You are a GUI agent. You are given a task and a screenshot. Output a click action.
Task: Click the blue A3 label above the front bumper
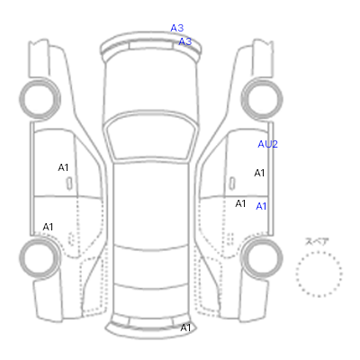(177, 28)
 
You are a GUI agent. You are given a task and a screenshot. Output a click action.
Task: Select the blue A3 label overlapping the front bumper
(185, 41)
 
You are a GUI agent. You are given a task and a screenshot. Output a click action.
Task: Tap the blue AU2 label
(267, 144)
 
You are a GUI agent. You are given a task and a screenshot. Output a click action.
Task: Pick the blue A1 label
(261, 206)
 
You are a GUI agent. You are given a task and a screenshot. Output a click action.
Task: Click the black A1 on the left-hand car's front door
(63, 167)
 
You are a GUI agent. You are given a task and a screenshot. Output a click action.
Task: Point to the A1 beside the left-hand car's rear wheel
(48, 227)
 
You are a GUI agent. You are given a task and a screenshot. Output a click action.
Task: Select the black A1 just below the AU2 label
(259, 173)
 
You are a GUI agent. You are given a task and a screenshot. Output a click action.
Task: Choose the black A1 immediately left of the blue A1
(240, 203)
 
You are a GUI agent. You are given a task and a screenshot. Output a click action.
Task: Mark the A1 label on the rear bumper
(185, 328)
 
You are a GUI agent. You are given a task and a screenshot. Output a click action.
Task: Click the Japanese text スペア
(317, 242)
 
